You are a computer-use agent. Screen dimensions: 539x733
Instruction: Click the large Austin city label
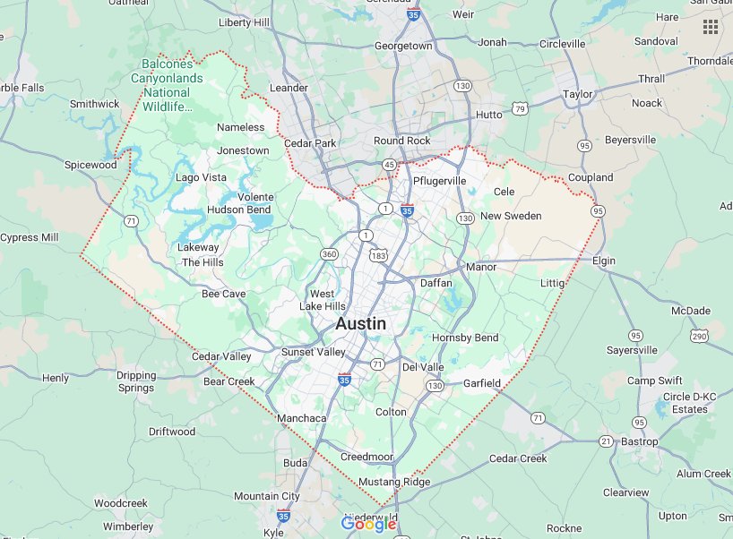click(x=361, y=324)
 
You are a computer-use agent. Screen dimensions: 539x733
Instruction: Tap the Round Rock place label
click(x=402, y=141)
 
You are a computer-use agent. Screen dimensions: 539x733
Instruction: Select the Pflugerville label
click(x=439, y=181)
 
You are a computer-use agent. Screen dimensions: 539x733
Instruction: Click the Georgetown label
click(x=403, y=46)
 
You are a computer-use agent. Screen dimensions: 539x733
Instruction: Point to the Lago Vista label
click(x=201, y=178)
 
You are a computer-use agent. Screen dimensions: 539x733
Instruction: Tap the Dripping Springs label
click(x=136, y=382)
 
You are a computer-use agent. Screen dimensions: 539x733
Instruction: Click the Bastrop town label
click(x=640, y=442)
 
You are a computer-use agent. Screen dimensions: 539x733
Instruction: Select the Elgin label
click(x=605, y=261)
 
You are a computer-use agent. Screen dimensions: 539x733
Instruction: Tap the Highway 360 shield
click(x=330, y=255)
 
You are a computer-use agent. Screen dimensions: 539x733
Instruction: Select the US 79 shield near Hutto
click(x=520, y=109)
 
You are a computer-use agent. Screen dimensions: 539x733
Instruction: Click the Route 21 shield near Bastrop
click(x=606, y=441)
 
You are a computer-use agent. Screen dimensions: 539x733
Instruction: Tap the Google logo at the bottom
click(x=368, y=525)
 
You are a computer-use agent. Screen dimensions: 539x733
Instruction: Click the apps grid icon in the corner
click(x=711, y=27)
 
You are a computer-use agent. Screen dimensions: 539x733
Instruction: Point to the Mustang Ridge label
click(x=395, y=482)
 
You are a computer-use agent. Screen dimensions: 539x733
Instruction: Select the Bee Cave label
click(x=224, y=294)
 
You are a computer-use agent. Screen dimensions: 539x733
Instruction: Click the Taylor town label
click(x=578, y=94)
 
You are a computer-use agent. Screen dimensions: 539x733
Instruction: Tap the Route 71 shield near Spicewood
click(x=132, y=220)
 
